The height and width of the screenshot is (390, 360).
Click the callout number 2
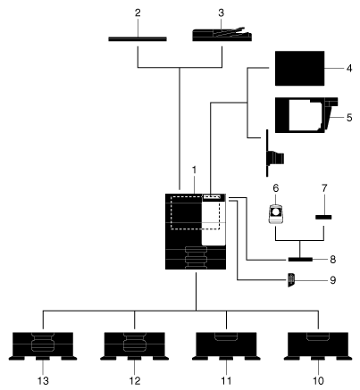tap(138, 13)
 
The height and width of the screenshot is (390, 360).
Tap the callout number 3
tap(221, 13)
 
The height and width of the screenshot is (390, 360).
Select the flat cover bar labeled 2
tap(138, 39)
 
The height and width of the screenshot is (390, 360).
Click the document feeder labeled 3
tap(222, 35)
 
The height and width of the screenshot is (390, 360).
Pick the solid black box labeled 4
tap(299, 69)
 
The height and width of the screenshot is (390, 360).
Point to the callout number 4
tap(349, 69)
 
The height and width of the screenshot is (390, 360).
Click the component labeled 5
tap(306, 115)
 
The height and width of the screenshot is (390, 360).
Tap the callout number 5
tap(349, 118)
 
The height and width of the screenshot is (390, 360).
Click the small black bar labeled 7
tap(323, 217)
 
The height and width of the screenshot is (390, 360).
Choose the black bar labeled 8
tap(300, 260)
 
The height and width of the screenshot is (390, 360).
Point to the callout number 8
tap(332, 260)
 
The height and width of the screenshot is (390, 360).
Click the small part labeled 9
tap(291, 280)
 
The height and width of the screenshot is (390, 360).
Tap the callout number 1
tap(195, 170)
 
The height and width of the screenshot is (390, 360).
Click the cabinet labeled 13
tap(43, 346)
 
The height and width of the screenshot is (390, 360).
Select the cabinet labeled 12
tap(135, 346)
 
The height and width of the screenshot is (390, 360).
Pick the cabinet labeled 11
tap(226, 346)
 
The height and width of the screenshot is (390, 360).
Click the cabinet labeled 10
tap(318, 346)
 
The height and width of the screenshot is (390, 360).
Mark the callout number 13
tap(43, 381)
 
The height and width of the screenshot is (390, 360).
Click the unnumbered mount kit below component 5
tap(274, 154)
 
